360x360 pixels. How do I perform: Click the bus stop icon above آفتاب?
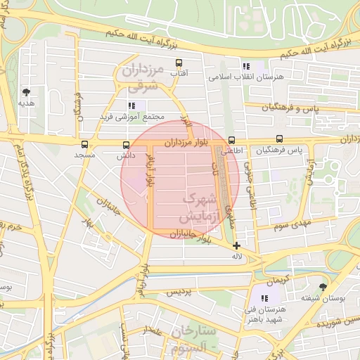point(179,63)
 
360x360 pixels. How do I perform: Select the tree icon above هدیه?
point(27,92)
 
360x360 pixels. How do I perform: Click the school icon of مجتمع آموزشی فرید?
point(132,105)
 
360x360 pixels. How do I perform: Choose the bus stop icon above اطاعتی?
point(232,140)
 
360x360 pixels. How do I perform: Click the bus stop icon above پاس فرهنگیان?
point(280,139)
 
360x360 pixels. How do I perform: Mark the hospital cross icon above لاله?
point(236,246)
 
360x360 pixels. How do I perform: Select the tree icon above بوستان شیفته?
point(323,287)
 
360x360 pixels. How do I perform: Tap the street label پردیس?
point(179,291)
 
